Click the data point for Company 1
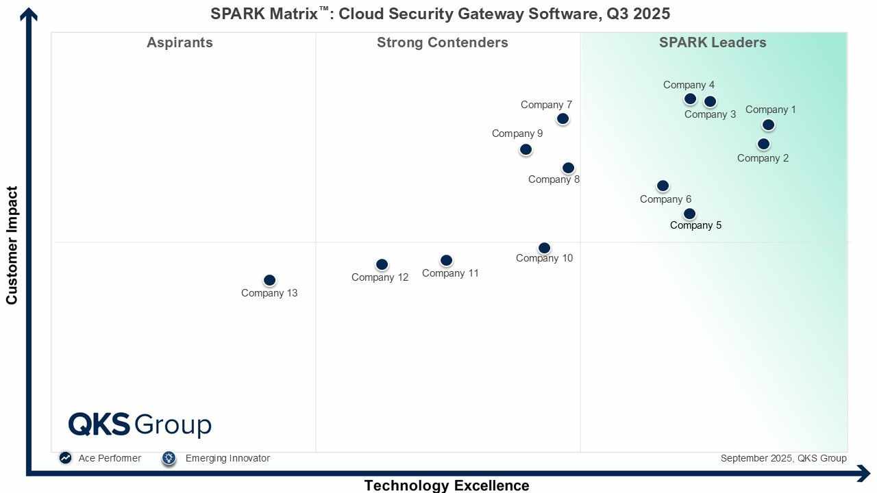(x=768, y=125)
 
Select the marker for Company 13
(x=269, y=280)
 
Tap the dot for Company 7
(x=563, y=118)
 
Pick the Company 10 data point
(x=544, y=248)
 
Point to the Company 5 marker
(x=689, y=214)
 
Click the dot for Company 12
(x=382, y=264)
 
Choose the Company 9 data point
(x=526, y=149)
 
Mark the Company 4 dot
(x=690, y=99)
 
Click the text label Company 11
(x=450, y=273)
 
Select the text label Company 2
(x=763, y=158)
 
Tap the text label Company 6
(x=665, y=199)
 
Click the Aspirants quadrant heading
(x=180, y=42)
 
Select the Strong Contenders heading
(x=442, y=42)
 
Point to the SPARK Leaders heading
(x=713, y=42)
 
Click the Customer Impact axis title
(x=12, y=245)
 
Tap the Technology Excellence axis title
(x=447, y=485)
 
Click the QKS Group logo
(x=140, y=425)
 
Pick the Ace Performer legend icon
(x=65, y=458)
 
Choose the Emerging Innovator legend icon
(x=169, y=458)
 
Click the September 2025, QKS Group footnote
(x=783, y=458)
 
